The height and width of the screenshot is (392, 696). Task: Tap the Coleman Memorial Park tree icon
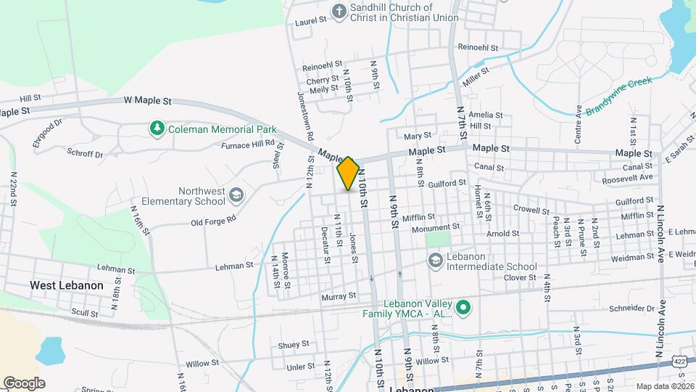pyautogui.click(x=156, y=129)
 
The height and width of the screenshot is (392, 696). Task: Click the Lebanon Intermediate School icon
pyautogui.click(x=435, y=260)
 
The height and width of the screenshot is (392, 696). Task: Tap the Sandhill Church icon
pyautogui.click(x=339, y=12)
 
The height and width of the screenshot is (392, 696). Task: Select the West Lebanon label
pyautogui.click(x=67, y=285)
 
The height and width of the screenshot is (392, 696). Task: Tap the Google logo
pyautogui.click(x=24, y=383)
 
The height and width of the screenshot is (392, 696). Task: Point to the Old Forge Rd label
pyautogui.click(x=214, y=219)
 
